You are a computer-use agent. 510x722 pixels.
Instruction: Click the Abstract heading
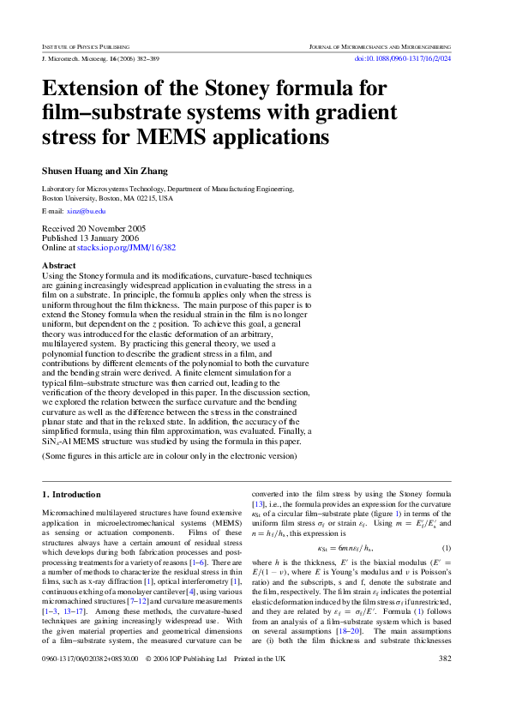(x=59, y=266)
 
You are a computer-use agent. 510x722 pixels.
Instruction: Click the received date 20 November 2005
(x=94, y=229)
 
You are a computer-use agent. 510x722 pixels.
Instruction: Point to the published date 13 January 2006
(x=93, y=238)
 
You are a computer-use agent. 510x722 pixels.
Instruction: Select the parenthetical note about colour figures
(x=169, y=456)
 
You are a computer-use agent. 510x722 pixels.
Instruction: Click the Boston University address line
(x=108, y=197)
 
